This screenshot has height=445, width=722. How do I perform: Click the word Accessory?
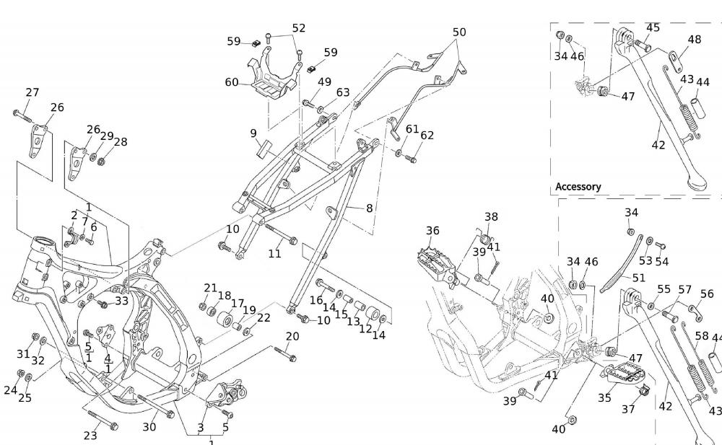coord(578,187)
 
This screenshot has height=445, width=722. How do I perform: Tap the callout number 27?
coord(32,92)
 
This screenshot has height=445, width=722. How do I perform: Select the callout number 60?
coord(231,83)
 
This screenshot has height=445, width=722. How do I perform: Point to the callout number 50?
coord(459,32)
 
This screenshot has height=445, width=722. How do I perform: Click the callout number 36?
coord(432,231)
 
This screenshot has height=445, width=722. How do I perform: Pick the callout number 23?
coord(90,436)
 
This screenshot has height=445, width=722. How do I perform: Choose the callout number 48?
coord(694,40)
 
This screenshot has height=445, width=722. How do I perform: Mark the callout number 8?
coord(369,208)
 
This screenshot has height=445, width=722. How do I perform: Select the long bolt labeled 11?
coord(281,234)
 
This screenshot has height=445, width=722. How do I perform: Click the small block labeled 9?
coord(263,147)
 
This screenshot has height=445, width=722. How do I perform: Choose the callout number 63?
coord(342,92)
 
